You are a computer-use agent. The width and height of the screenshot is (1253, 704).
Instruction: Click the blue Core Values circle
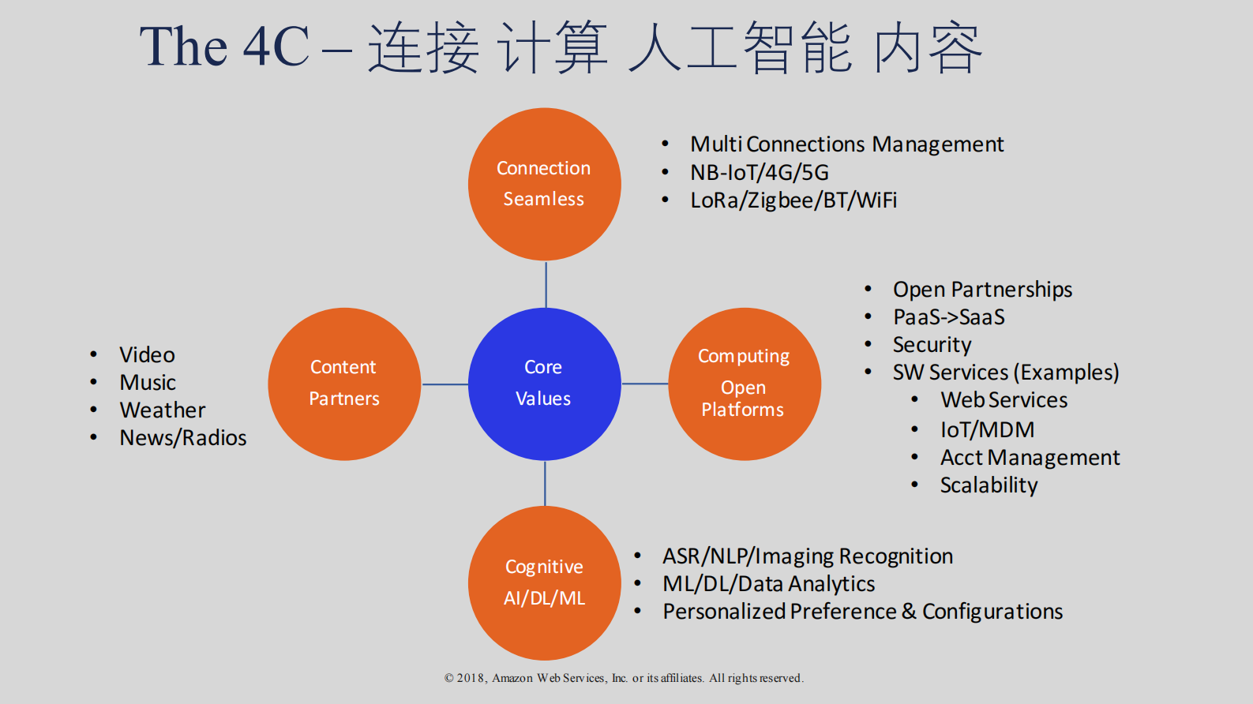544,384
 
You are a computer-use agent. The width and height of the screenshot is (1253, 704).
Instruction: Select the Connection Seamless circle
544,184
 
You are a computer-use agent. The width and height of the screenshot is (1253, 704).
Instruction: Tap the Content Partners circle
344,384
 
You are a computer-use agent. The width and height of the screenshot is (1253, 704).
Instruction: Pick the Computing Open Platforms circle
744,384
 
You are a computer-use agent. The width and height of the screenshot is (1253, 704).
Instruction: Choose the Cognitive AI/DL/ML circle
544,582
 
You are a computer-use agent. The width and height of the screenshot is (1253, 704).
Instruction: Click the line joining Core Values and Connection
546,284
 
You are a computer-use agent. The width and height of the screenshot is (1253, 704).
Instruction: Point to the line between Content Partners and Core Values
445,384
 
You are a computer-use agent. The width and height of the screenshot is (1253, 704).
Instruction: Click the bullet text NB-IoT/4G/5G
759,172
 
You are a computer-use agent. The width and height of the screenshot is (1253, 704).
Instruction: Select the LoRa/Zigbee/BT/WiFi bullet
793,200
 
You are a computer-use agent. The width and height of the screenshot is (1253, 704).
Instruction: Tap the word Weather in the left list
162,410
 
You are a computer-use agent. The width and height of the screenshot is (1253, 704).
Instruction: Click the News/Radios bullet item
182,438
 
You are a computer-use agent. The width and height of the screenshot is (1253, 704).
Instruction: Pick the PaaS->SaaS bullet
948,317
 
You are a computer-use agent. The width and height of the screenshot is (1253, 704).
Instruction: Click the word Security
932,345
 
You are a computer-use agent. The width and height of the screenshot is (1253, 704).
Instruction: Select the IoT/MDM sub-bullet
987,430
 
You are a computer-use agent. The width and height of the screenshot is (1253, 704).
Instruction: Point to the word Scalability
989,485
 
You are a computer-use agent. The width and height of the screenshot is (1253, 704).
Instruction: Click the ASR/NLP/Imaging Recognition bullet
807,556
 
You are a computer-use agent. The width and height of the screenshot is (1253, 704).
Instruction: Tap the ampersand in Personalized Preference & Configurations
909,611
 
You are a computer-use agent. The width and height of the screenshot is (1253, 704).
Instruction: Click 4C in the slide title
276,47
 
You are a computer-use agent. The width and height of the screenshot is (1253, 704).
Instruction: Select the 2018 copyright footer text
623,678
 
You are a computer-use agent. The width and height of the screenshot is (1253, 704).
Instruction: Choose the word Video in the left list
147,355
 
